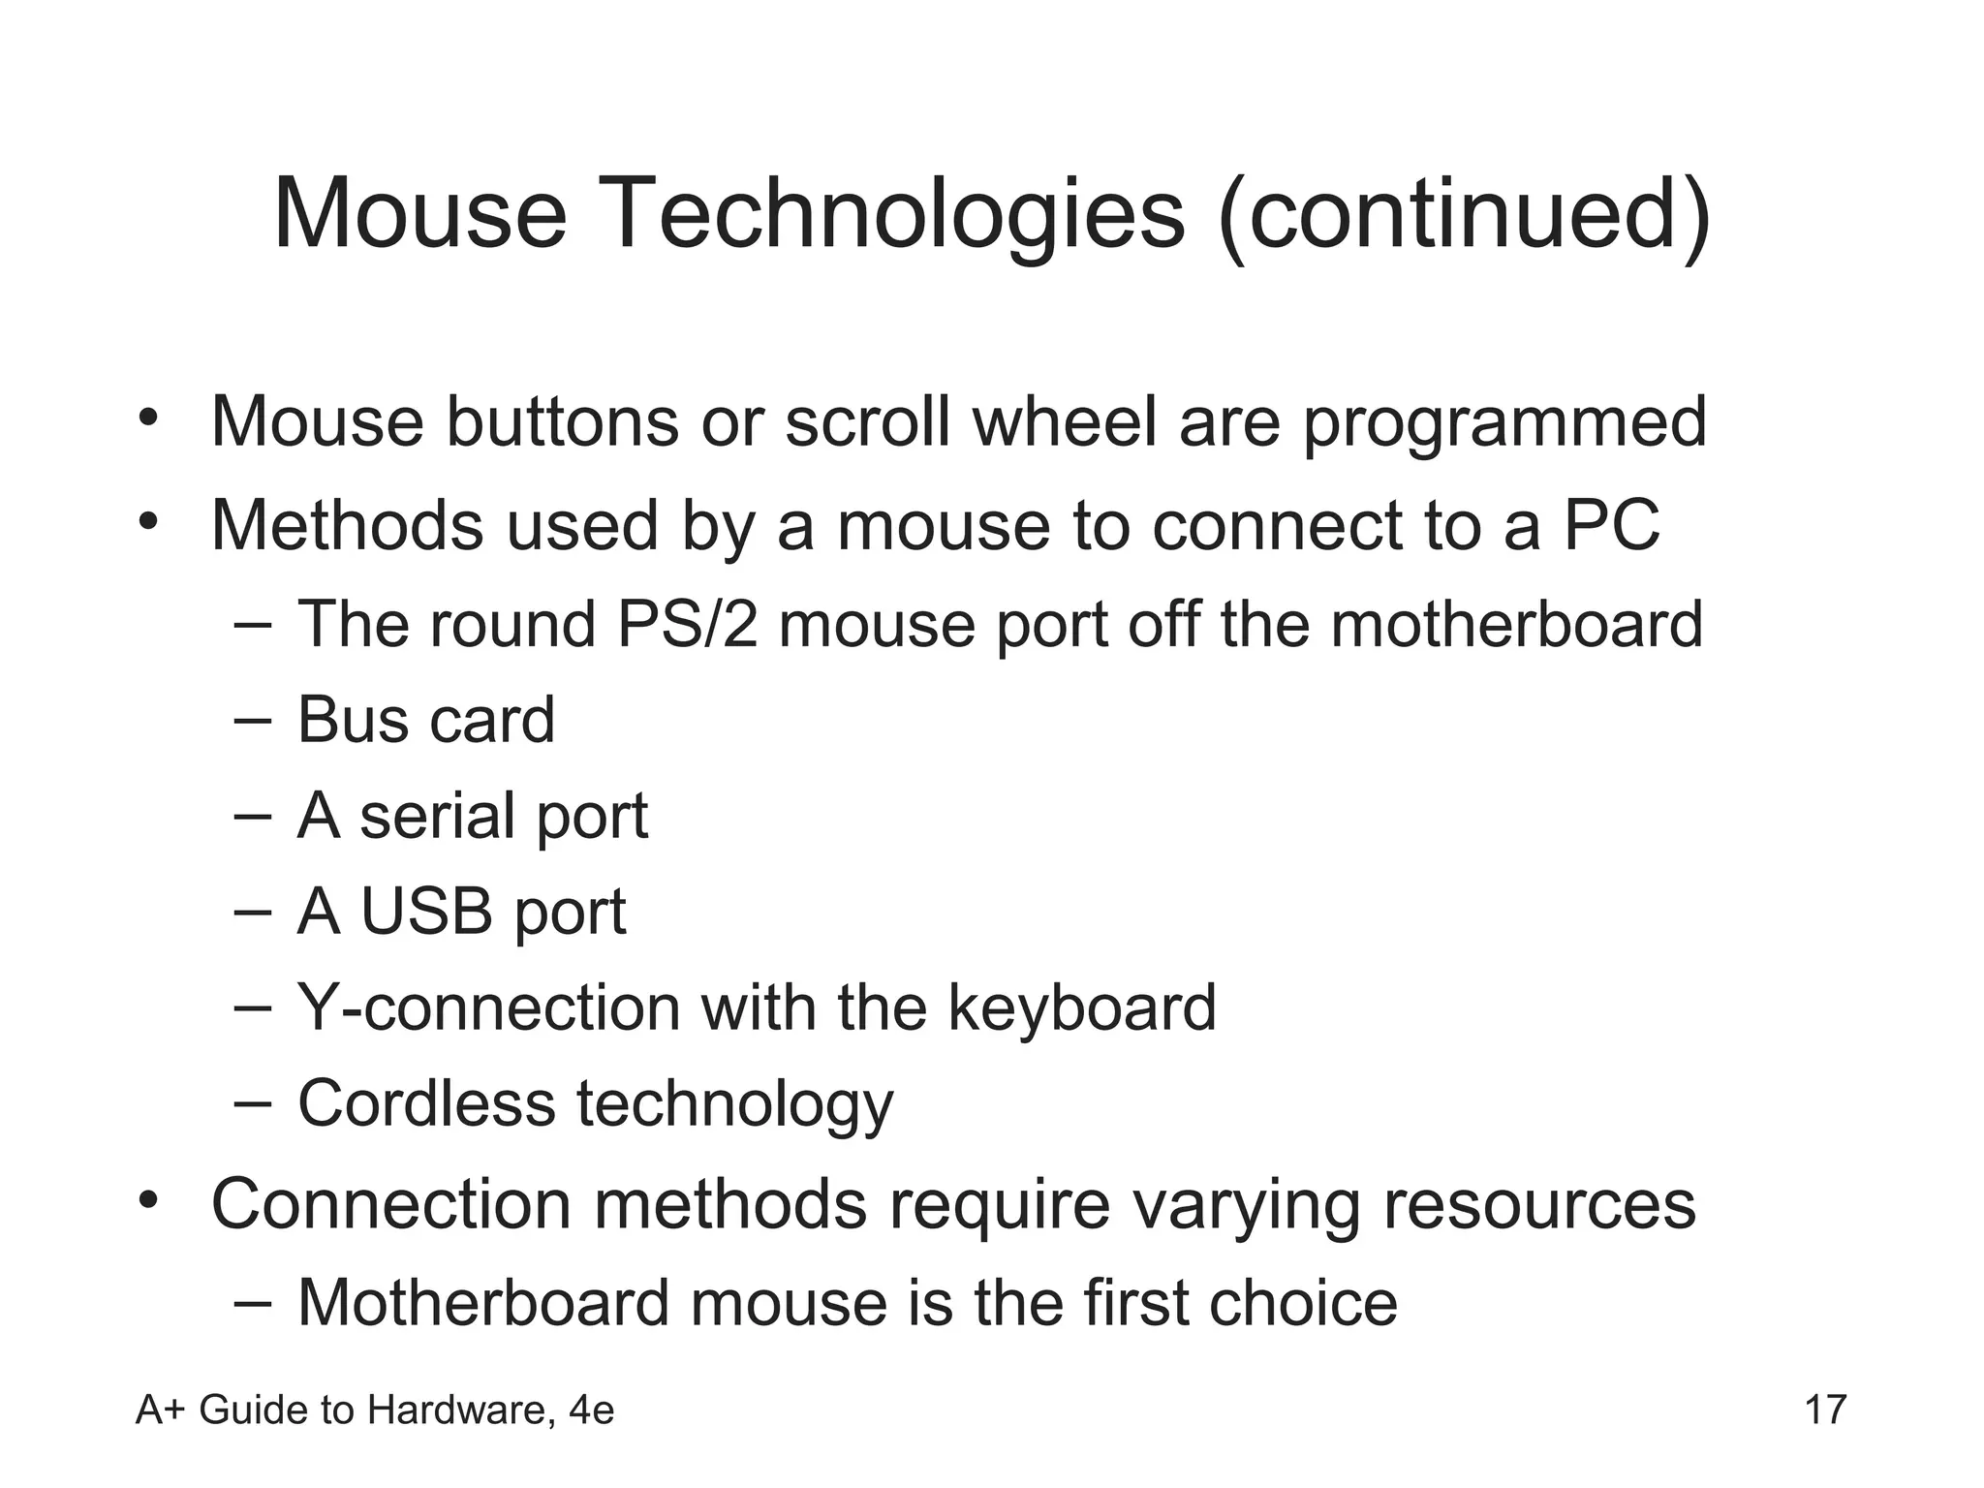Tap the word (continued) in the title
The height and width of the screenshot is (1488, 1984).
(1464, 214)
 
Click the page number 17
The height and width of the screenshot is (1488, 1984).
(1825, 1410)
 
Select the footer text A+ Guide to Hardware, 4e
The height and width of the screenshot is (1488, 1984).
(375, 1410)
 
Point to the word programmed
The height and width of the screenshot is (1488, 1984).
(1504, 424)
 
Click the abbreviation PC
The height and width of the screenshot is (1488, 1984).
(1612, 525)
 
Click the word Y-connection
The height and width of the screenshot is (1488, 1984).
(489, 1007)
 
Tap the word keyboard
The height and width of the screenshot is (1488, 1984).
(1081, 1007)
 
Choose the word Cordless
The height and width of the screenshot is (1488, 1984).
(426, 1103)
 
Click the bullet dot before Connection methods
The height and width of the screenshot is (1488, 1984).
(147, 1202)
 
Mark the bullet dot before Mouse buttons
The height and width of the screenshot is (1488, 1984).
(147, 419)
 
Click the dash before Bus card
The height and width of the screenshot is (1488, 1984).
(253, 722)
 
